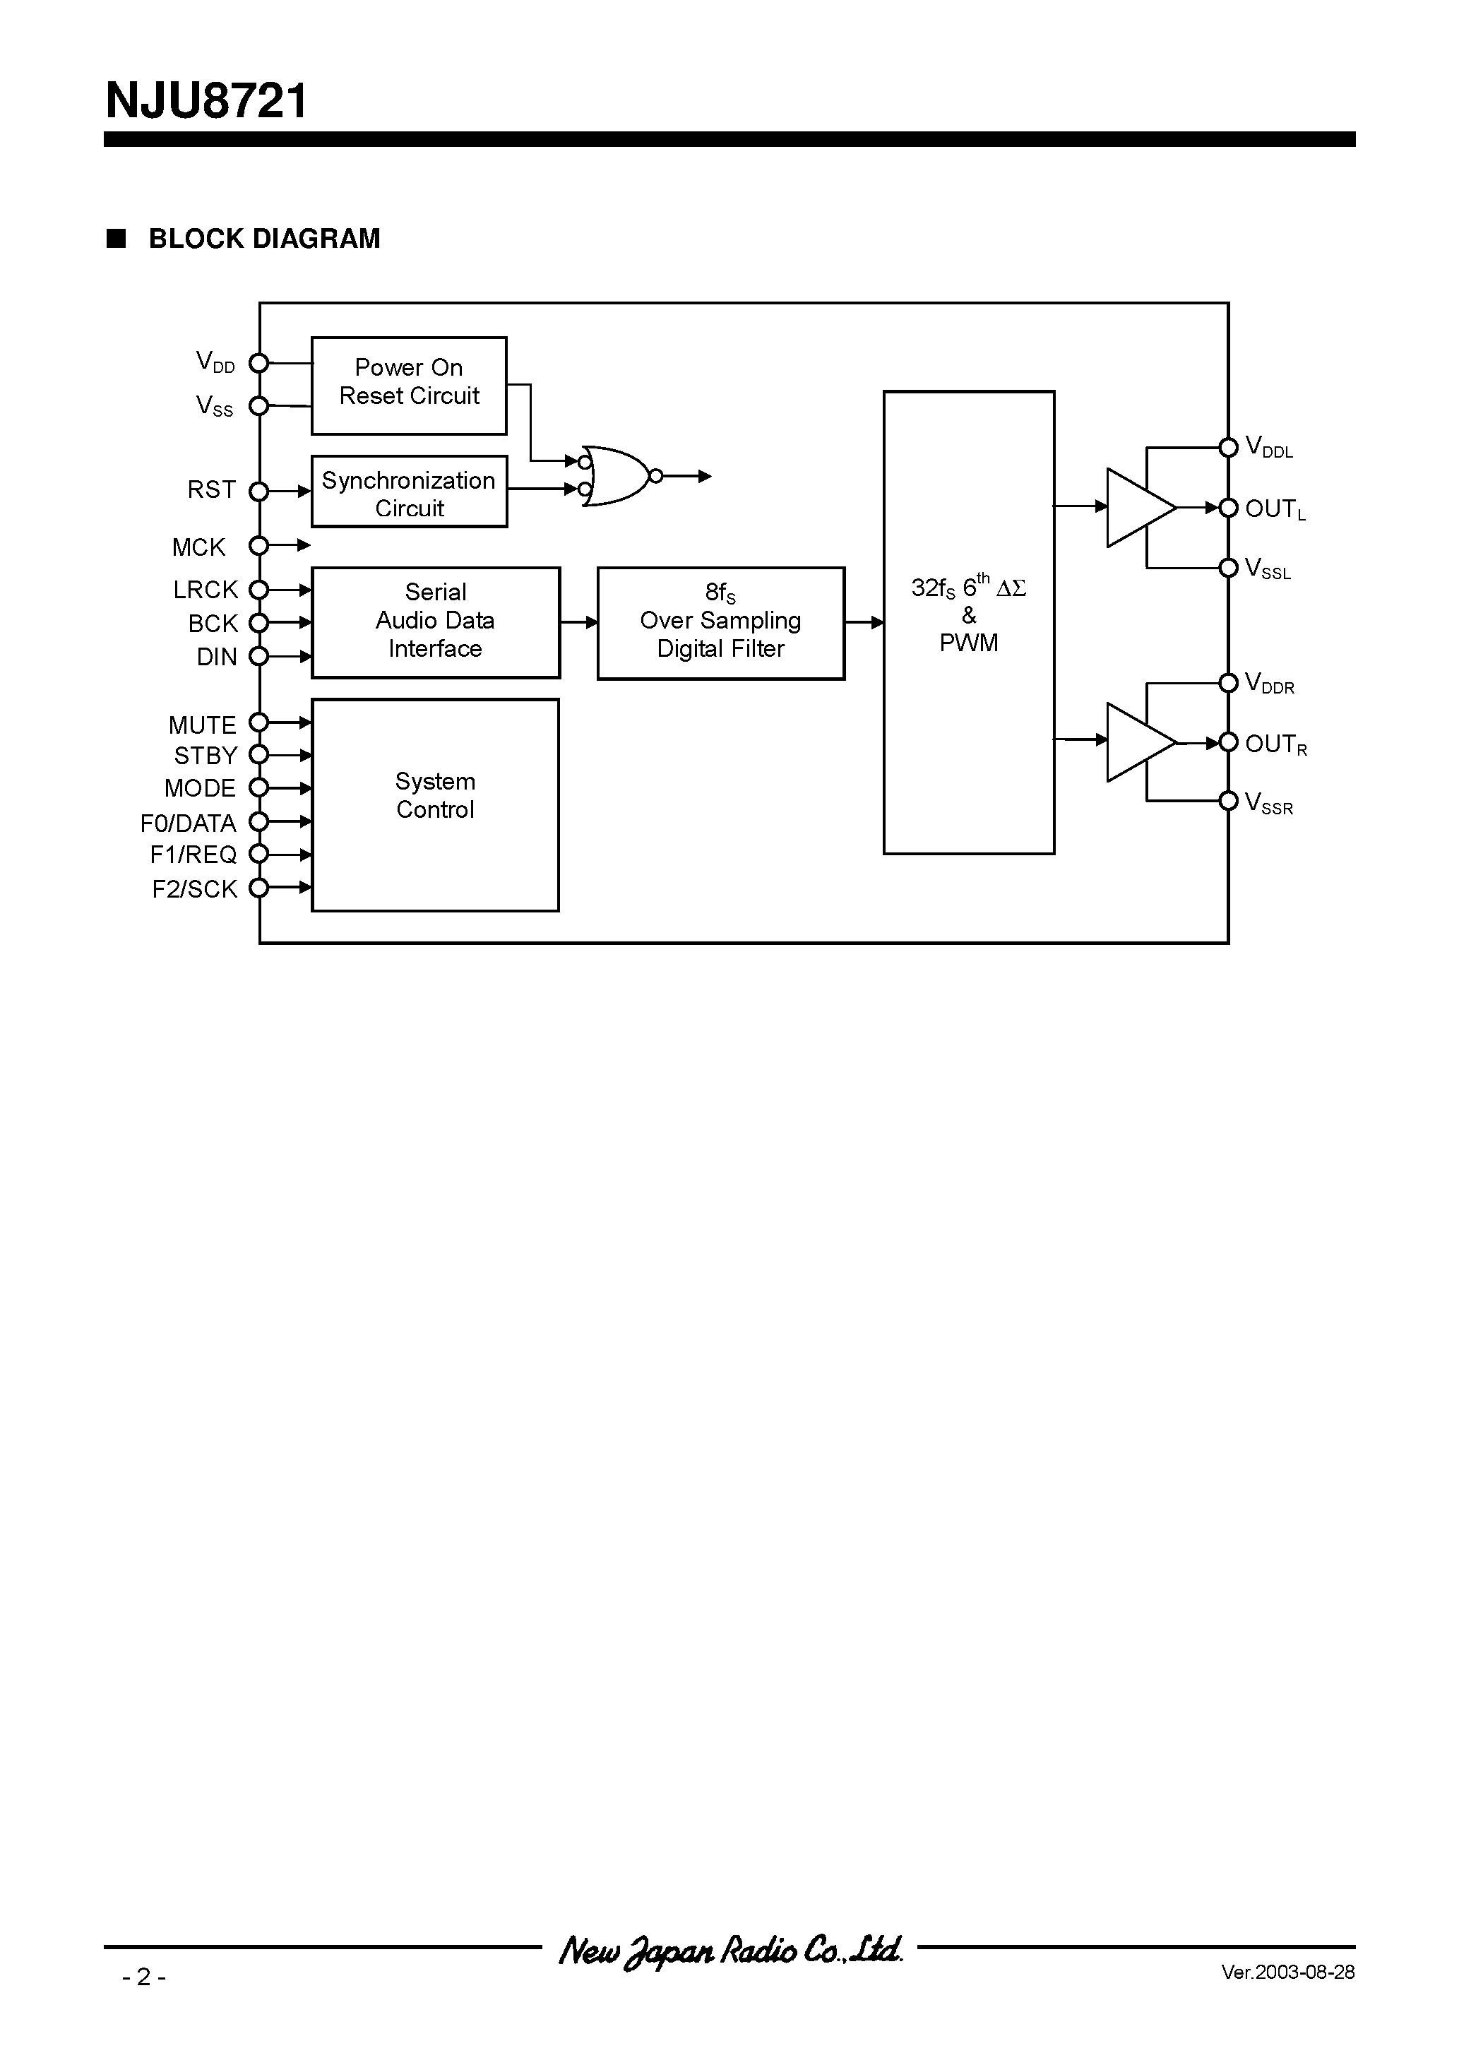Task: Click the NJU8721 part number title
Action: point(206,101)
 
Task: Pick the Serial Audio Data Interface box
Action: point(435,621)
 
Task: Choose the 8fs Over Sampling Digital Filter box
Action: point(720,622)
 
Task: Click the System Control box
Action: point(435,804)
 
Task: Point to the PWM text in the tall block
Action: point(968,643)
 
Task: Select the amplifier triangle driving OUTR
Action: point(1137,742)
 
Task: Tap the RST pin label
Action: point(211,490)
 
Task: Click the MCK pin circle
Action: point(259,545)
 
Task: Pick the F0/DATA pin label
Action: point(188,823)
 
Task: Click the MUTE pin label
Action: point(203,725)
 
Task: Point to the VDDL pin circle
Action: point(1228,447)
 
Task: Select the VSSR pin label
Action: point(1268,803)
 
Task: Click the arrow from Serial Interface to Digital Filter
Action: point(578,621)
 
